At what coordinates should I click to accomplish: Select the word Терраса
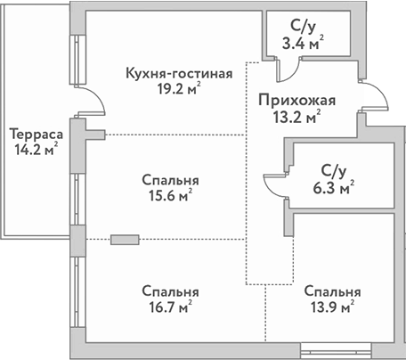tap(34, 134)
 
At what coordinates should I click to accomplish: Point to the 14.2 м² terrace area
tap(34, 150)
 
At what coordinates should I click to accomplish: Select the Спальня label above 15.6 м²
tap(169, 179)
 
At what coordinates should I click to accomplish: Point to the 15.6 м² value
tap(169, 195)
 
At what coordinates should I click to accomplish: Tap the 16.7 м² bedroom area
tap(169, 307)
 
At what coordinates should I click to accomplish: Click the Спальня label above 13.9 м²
tap(331, 291)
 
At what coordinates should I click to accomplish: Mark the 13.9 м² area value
tap(331, 307)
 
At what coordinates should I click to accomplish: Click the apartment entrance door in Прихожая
tap(375, 101)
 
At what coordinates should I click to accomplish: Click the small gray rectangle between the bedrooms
tap(126, 239)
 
